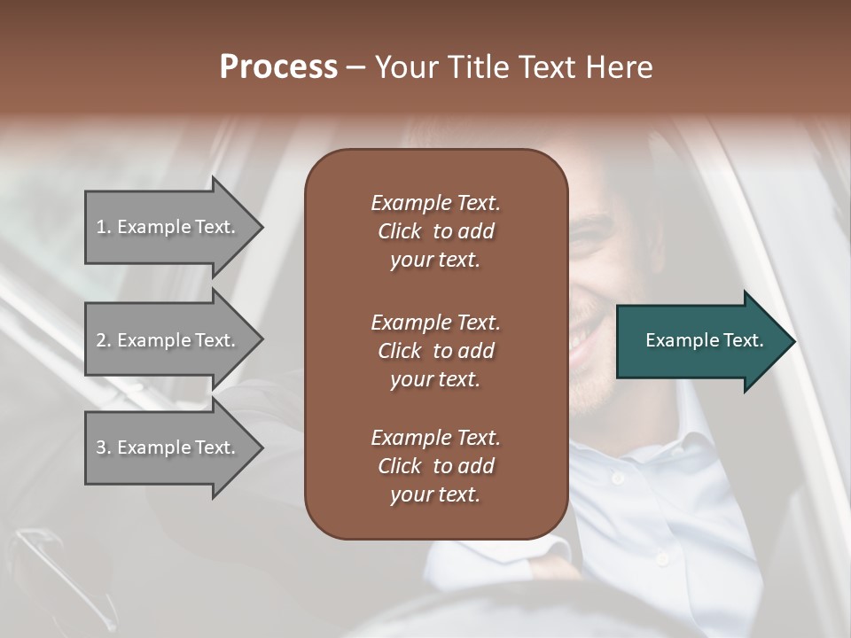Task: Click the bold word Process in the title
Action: (278, 66)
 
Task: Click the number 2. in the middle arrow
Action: (104, 340)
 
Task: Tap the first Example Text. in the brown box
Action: (435, 203)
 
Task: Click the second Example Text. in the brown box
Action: (435, 322)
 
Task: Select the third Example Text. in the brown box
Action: (435, 438)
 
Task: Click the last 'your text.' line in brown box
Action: (435, 494)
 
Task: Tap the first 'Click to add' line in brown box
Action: (435, 231)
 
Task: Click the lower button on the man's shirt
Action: (660, 558)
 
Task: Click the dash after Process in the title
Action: (355, 68)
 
